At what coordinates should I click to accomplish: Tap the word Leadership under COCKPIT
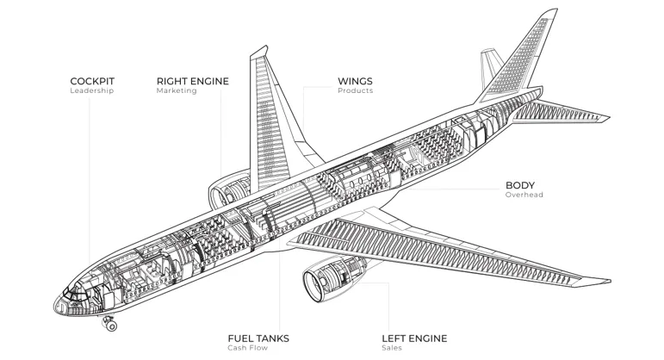tap(91, 91)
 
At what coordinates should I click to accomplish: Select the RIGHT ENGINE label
tap(192, 81)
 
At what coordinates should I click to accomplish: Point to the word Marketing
tap(177, 91)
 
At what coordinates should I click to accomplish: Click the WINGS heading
tap(355, 81)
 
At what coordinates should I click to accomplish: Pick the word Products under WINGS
tap(355, 91)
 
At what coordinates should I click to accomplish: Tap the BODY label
tap(519, 185)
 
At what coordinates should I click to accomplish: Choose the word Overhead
tap(524, 196)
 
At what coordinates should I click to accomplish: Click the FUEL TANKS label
tap(258, 338)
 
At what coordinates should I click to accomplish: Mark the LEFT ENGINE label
tap(415, 338)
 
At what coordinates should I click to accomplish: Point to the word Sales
tap(391, 348)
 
